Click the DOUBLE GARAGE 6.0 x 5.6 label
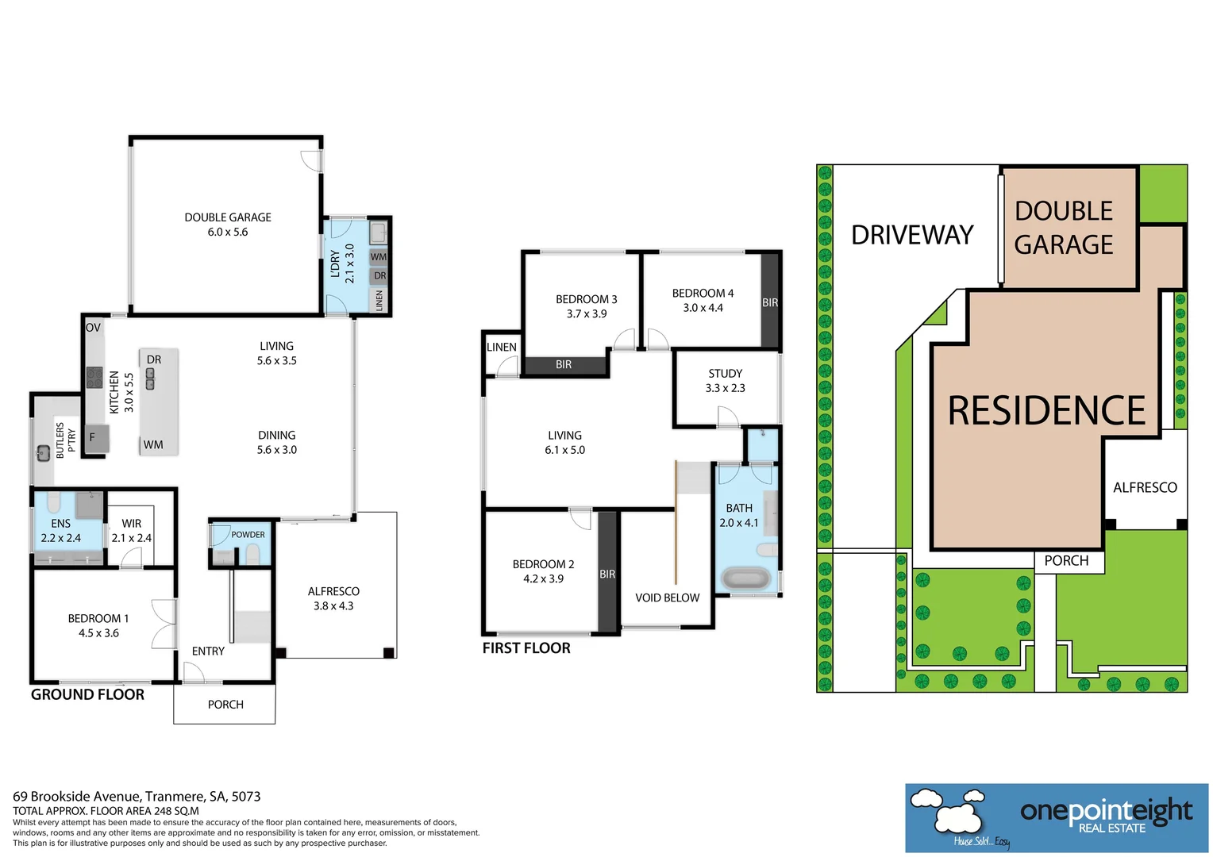click(x=228, y=225)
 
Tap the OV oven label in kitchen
click(x=93, y=327)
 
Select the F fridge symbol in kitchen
click(x=93, y=437)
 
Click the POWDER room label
click(x=248, y=535)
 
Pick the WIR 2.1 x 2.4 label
click(x=132, y=531)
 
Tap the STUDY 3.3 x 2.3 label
click(x=725, y=381)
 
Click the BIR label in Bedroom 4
click(x=770, y=302)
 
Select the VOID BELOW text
click(x=667, y=598)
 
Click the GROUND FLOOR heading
click(x=87, y=694)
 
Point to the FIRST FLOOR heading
click(x=526, y=648)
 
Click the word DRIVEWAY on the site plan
click(x=912, y=235)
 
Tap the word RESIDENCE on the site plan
click(x=1046, y=411)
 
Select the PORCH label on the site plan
click(x=1066, y=561)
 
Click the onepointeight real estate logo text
click(x=1106, y=812)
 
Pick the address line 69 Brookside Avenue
click(x=137, y=796)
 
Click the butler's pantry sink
click(x=43, y=453)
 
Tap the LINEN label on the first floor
click(x=502, y=347)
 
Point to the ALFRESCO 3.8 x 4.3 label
click(x=333, y=598)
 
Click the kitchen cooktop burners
click(x=94, y=377)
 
